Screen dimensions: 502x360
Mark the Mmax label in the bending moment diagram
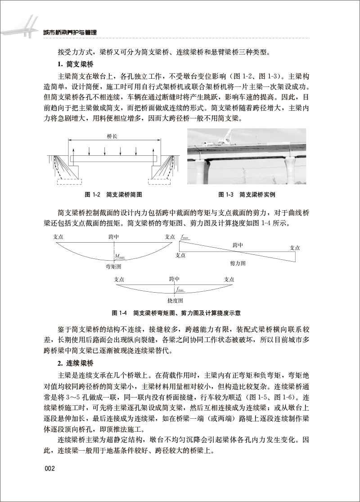coord(120,257)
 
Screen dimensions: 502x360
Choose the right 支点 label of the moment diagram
coord(170,237)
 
